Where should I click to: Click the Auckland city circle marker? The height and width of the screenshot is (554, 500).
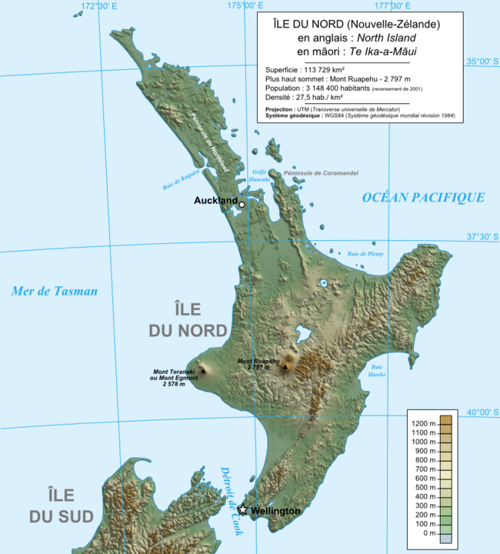242,205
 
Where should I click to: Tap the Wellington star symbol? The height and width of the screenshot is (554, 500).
243,509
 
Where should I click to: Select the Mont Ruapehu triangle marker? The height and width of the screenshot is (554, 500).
285,367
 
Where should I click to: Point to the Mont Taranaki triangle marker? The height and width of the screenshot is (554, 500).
203,371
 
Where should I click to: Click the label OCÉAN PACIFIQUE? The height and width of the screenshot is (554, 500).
423,198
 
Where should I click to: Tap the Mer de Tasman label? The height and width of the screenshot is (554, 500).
55,291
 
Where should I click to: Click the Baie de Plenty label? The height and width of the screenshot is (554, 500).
365,254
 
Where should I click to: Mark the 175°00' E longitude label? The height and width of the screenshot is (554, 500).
240,6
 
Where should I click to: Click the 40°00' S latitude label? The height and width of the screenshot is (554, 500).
482,412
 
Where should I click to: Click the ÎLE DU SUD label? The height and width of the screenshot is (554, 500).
61,506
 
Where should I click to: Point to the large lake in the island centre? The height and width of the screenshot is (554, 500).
302,334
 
